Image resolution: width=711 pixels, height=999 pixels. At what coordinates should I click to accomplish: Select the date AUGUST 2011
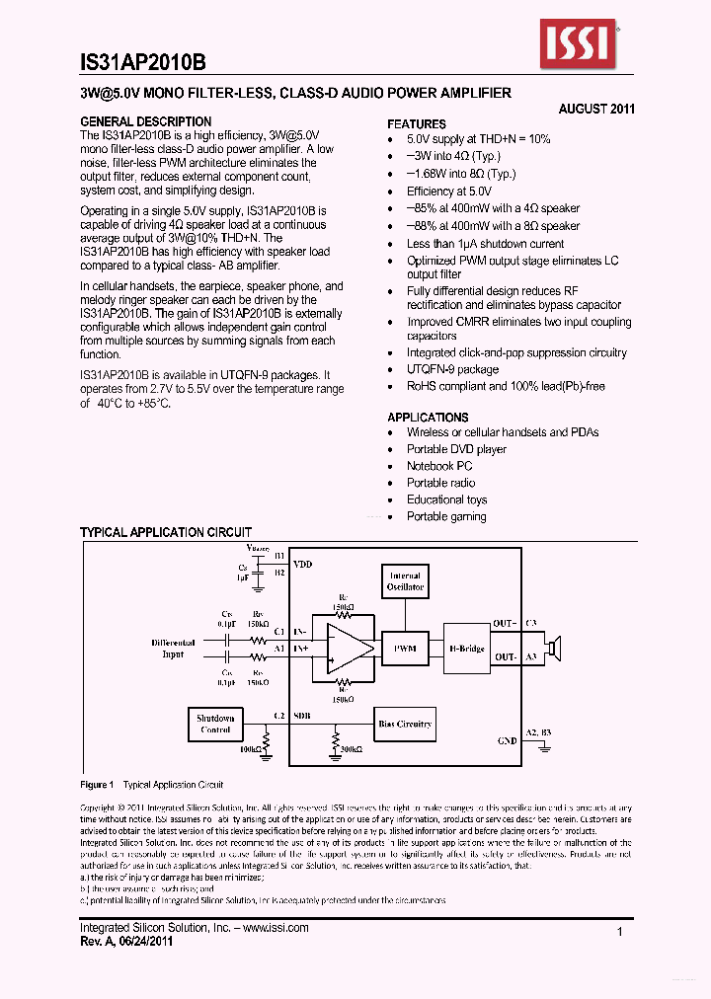point(596,109)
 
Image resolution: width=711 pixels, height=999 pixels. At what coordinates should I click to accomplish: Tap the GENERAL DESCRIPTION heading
point(145,121)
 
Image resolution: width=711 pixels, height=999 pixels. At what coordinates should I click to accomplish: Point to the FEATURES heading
point(417,124)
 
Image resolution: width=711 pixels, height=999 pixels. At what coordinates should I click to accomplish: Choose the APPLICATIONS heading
point(428,418)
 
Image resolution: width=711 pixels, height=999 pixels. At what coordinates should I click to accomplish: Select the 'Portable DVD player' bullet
point(456,449)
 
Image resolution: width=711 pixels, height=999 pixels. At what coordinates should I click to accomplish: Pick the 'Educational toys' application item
point(446,499)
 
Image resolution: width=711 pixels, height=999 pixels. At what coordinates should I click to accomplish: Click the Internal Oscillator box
point(404,581)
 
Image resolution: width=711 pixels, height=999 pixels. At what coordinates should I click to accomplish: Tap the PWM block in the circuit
point(405,649)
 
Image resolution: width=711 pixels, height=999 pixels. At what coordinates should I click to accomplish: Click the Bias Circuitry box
point(405,724)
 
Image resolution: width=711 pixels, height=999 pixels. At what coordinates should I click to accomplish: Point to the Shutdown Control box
point(215,724)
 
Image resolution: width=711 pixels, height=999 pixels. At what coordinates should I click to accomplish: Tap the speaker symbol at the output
point(555,648)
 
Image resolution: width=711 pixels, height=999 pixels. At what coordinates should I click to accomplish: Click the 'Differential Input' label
point(173,649)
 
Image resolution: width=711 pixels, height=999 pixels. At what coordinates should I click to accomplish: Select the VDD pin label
point(302,564)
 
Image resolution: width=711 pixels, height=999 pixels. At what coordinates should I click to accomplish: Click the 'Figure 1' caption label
point(98,785)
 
